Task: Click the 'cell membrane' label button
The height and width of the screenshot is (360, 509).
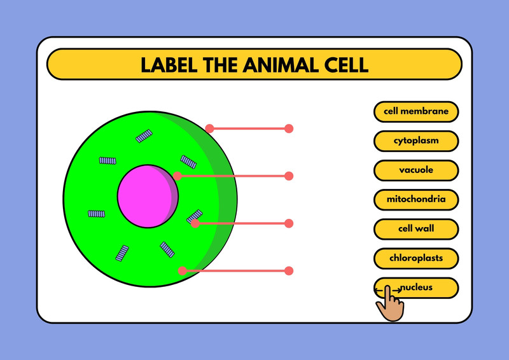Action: (x=416, y=112)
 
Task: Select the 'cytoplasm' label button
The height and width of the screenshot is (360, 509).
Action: (x=416, y=141)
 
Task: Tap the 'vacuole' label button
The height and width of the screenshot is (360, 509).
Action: (x=416, y=170)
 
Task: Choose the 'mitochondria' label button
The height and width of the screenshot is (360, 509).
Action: (x=416, y=199)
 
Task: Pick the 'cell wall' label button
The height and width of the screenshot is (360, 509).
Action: (x=416, y=229)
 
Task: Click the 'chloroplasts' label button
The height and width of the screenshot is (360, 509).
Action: (x=416, y=258)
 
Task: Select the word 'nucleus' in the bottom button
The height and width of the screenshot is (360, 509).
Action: (x=417, y=287)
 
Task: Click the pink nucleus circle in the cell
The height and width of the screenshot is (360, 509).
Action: (x=148, y=196)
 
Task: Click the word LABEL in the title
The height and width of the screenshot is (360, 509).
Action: (x=169, y=65)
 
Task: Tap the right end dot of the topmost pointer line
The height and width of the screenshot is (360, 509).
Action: (x=289, y=128)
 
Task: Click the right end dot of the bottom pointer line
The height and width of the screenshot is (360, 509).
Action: (x=289, y=271)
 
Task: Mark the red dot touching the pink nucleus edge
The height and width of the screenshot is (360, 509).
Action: (x=178, y=176)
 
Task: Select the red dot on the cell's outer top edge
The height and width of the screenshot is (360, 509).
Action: (x=210, y=128)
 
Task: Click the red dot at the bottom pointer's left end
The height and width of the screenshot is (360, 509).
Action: (x=183, y=271)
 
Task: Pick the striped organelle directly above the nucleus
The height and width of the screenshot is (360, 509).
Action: (x=144, y=136)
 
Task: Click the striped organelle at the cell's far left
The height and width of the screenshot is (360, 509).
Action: (x=97, y=214)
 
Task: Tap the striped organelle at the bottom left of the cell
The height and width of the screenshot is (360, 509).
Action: (x=122, y=253)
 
